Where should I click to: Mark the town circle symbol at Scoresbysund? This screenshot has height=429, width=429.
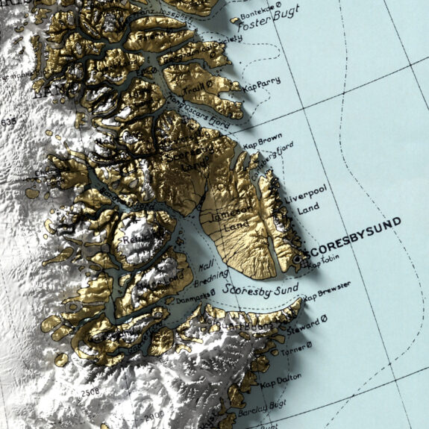pyautogui.click(x=297, y=258)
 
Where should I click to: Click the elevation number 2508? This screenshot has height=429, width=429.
pyautogui.click(x=90, y=392)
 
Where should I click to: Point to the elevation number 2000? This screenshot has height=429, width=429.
pyautogui.click(x=154, y=415)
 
